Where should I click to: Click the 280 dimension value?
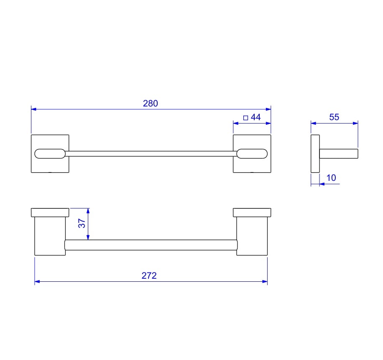click(150, 103)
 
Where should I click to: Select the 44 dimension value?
click(255, 117)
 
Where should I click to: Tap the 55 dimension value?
click(334, 117)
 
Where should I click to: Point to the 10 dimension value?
click(331, 178)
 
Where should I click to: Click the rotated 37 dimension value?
click(82, 223)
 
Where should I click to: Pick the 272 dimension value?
click(149, 275)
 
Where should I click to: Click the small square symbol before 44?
click(245, 118)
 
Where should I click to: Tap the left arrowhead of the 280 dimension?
click(34, 109)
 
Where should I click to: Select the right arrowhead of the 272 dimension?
click(265, 281)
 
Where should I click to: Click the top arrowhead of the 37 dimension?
click(88, 211)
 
